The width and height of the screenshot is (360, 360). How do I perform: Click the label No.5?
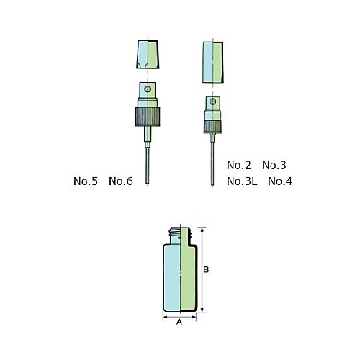tap(85, 181)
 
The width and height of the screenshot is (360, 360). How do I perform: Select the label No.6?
tap(121, 181)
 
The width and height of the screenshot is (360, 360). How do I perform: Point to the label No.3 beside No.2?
tap(275, 165)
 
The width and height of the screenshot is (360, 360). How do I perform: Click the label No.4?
tap(280, 181)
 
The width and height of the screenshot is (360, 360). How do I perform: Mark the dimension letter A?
tap(179, 323)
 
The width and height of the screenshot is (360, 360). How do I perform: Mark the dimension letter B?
tap(207, 270)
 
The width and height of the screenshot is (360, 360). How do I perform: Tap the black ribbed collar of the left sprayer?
tap(148, 114)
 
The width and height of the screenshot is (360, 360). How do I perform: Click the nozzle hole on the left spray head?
tap(148, 90)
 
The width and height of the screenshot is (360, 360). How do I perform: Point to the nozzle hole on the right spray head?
tap(214, 104)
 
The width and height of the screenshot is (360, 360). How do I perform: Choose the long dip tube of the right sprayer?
tap(212, 162)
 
